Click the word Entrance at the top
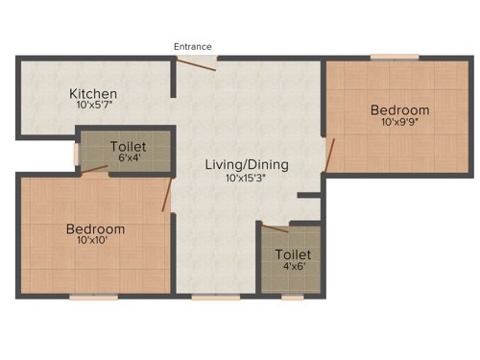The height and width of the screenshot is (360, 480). coord(193,46)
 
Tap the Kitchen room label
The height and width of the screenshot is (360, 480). coord(93,93)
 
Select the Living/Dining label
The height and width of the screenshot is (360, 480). coord(247,165)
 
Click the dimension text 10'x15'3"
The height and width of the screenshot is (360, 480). coord(247,178)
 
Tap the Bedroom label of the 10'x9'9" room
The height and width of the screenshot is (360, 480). coord(399,109)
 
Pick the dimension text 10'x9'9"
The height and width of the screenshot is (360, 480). coord(399,122)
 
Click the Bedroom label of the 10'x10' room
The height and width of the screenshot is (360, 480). coord(95,228)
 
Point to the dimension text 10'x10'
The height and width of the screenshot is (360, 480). coord(95,241)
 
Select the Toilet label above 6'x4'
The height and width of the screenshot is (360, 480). coord(128,146)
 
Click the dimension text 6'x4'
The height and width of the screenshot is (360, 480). coord(128,158)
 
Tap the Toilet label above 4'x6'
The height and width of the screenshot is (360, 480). coord(293,254)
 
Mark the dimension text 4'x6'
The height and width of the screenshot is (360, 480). coord(293,267)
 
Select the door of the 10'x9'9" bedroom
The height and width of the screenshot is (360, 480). coord(330,154)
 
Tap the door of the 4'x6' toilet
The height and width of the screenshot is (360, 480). coord(275,228)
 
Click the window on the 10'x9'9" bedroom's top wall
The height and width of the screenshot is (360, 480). coord(388,58)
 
